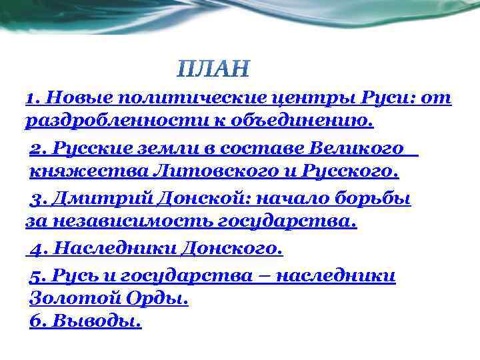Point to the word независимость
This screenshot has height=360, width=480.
[126, 222]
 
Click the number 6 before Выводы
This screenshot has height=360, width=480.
[36, 321]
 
